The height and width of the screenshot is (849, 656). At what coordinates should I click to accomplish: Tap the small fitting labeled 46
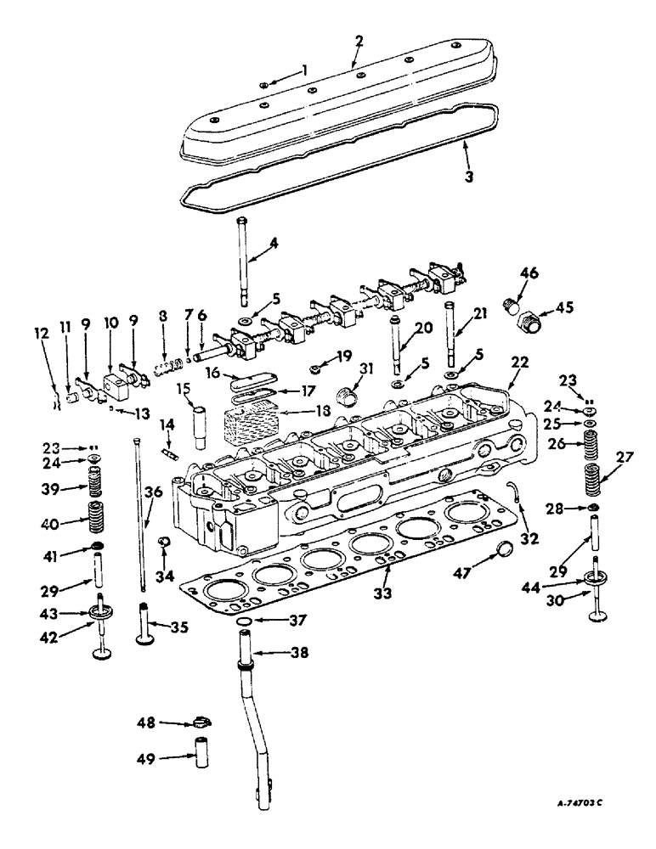point(512,304)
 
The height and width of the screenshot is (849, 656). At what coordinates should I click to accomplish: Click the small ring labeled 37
point(243,626)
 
